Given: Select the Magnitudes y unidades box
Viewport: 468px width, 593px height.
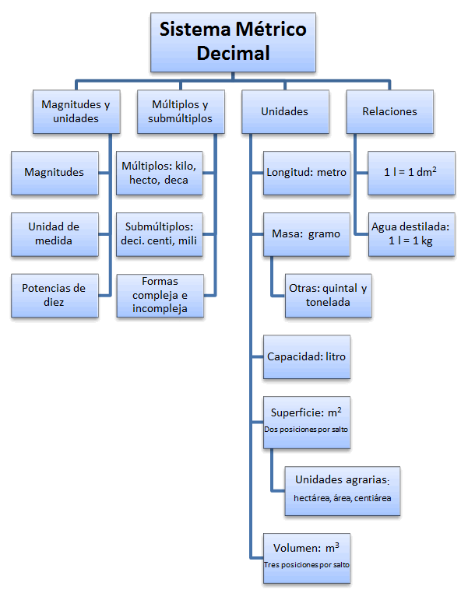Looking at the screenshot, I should pos(76,111).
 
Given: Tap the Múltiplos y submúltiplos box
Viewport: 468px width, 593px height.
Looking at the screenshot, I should pos(180,111).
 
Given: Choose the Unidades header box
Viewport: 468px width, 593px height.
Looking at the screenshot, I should pos(284,111).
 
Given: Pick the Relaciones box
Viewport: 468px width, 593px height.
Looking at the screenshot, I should pos(389,111).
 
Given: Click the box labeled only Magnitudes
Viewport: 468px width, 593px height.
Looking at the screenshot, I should pos(55,172).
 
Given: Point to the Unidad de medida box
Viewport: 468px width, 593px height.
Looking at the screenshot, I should pos(55,233).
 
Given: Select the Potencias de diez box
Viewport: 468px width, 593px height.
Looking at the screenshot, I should pos(55,295).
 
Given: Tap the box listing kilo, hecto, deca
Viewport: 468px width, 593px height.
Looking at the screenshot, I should pos(160,172).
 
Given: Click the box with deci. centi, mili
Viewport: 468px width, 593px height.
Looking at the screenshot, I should pos(160,233).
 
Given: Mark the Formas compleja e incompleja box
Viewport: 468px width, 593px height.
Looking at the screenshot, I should pos(160,295).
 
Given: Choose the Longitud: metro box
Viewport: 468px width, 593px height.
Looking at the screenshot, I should pos(306,172).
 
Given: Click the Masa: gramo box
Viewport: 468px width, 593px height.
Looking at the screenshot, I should pos(306,233).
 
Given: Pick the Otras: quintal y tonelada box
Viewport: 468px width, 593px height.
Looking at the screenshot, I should pos(328,295).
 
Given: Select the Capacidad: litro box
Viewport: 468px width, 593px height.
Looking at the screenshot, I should pos(306,356).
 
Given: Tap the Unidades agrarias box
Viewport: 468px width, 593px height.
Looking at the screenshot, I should pos(342,489).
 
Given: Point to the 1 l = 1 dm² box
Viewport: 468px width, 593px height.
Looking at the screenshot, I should pos(410,172).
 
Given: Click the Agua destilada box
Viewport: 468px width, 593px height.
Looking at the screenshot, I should pos(410,233).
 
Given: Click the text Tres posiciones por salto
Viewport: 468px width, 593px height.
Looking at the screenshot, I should pos(306,564).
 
